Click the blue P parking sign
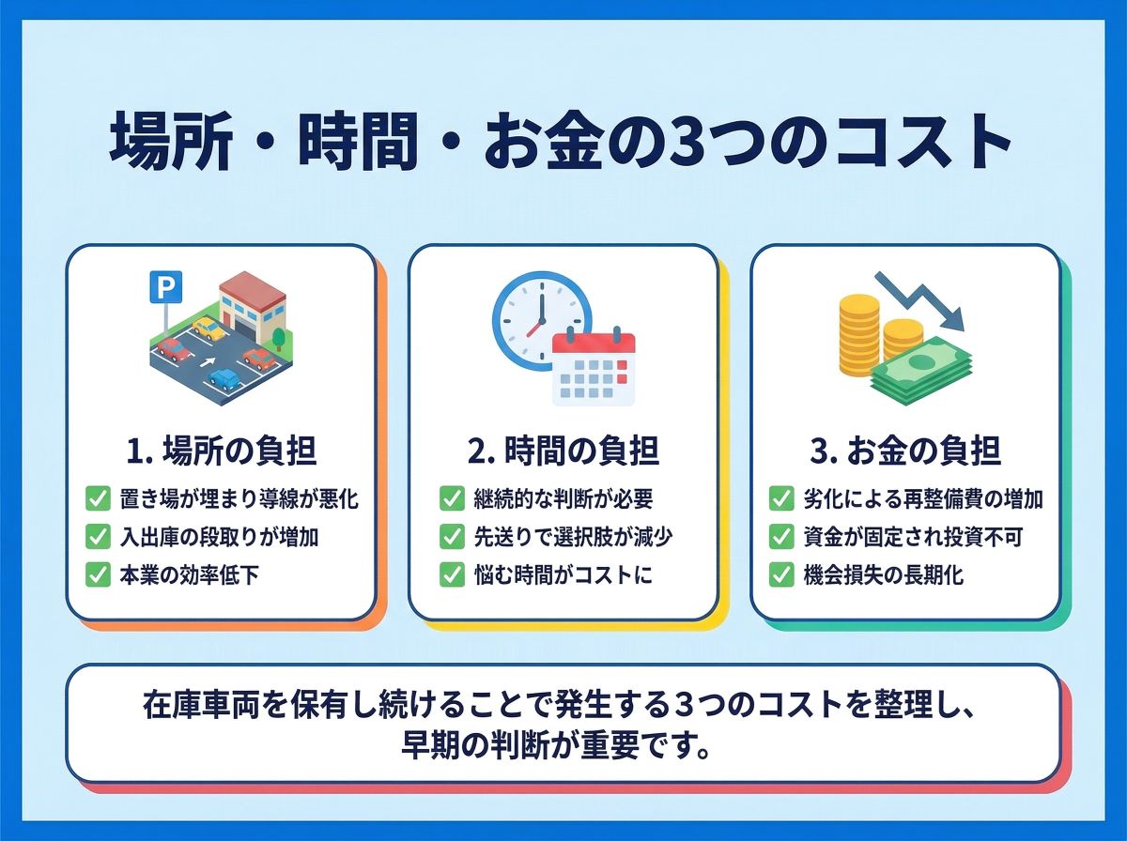tap(165, 287)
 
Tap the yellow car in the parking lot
tap(209, 329)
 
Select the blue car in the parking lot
tap(224, 379)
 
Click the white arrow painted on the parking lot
tap(208, 362)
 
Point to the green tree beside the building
tap(278, 339)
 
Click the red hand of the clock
tap(533, 328)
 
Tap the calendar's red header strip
tap(594, 343)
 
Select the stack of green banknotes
tap(921, 370)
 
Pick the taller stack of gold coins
tap(859, 334)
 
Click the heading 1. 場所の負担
tap(222, 451)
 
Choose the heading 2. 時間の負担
tap(563, 451)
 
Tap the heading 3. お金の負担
tap(905, 451)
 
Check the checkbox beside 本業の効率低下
tap(98, 574)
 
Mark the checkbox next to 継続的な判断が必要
tap(452, 498)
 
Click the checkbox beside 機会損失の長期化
tap(781, 574)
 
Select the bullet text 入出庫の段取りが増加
tap(219, 537)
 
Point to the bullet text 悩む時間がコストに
tap(563, 574)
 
